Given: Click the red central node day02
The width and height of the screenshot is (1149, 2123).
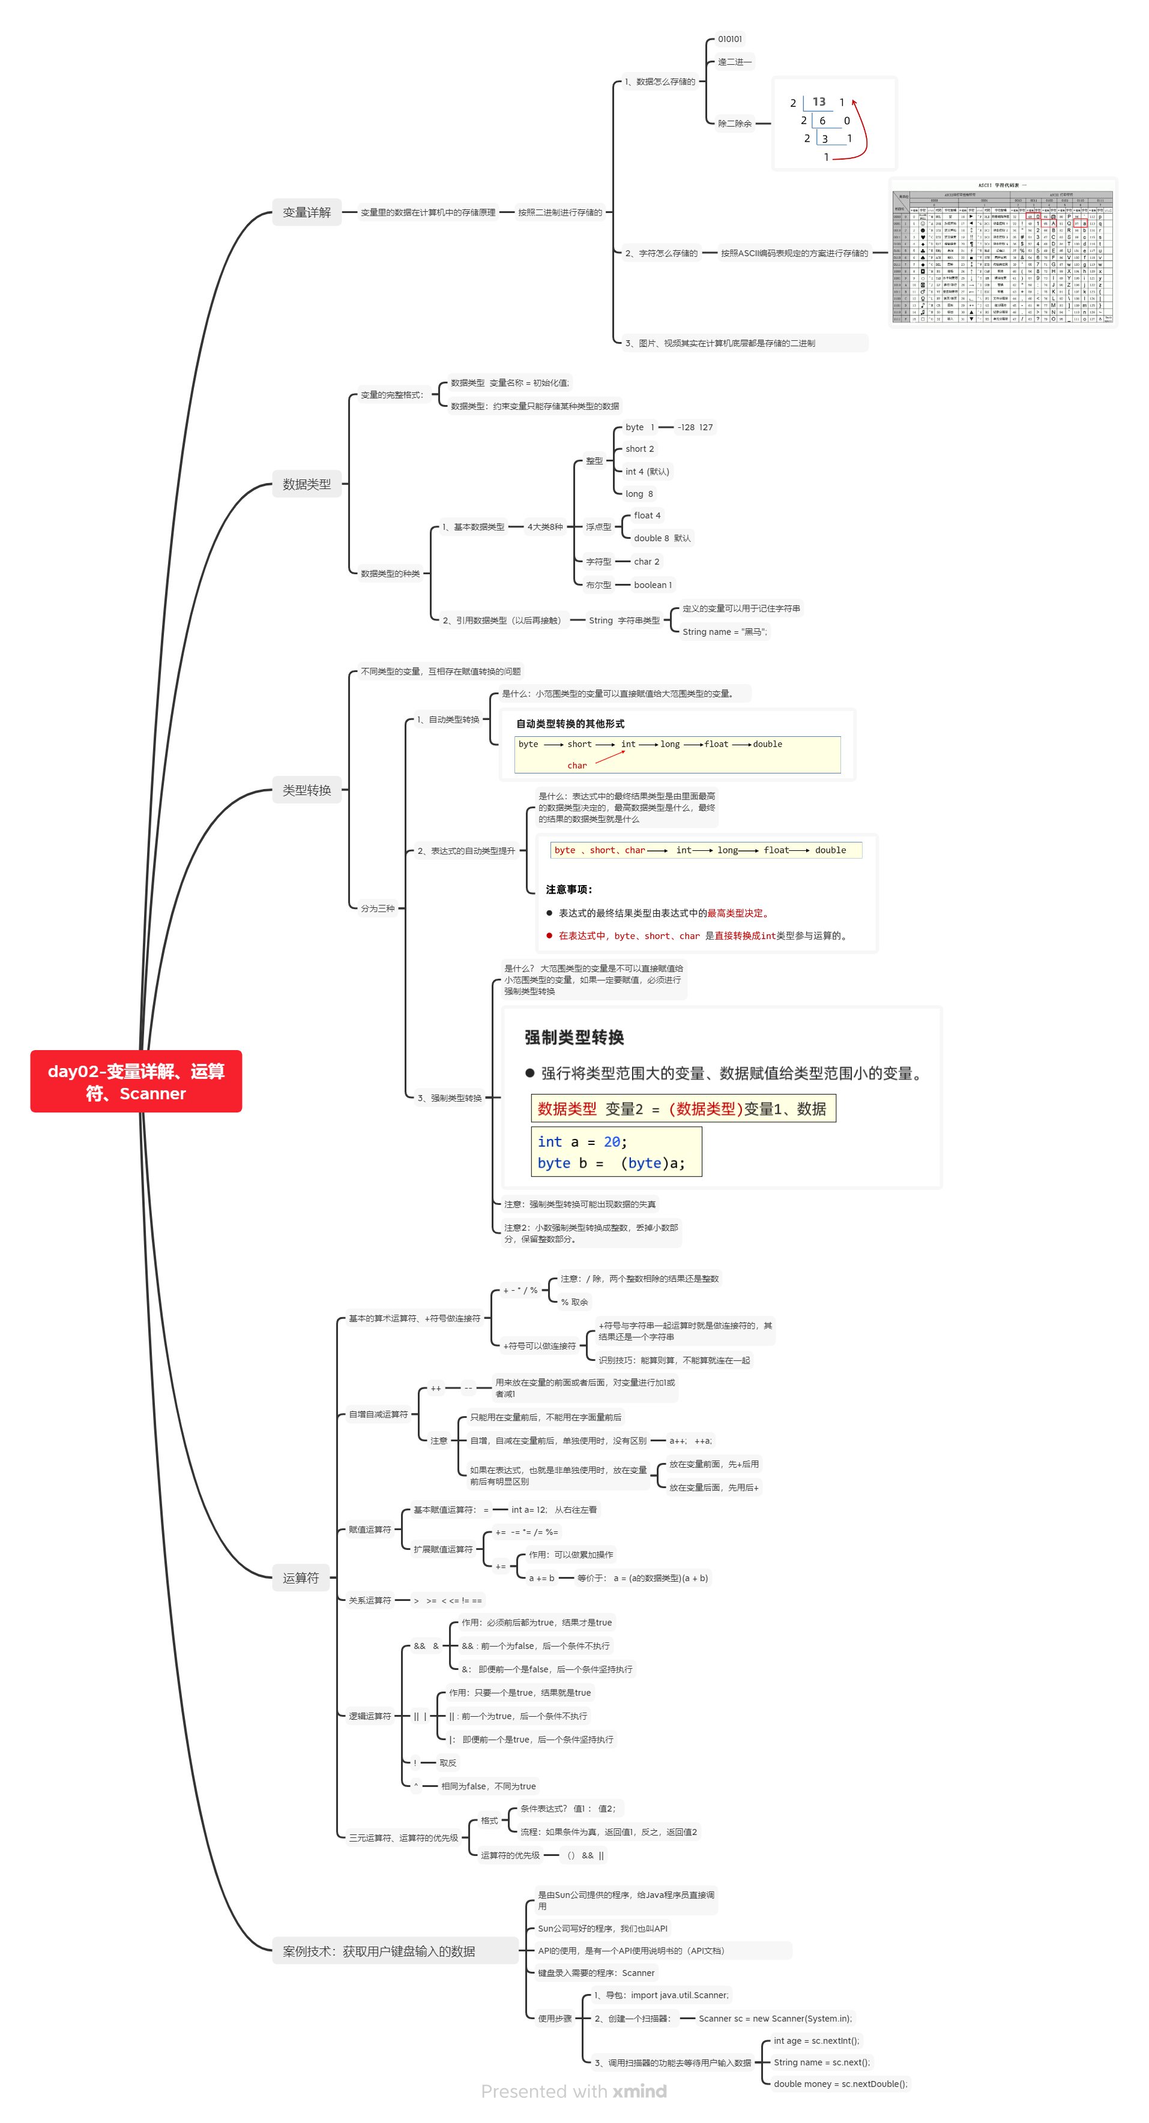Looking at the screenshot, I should point(136,1081).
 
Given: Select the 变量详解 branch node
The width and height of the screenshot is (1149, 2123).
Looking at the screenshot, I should point(307,212).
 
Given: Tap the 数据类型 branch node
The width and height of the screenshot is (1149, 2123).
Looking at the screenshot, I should point(307,485).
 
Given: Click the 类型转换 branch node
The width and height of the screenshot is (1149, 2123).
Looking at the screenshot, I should point(307,790).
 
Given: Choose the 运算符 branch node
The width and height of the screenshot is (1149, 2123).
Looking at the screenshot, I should point(300,1578).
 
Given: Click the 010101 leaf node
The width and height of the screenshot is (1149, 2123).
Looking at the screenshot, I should point(729,39).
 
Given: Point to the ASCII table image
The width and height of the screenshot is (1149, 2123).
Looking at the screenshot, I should point(1003,253).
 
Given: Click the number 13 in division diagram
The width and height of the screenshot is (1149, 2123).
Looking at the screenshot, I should point(818,102).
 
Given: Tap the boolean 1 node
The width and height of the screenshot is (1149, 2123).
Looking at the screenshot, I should point(652,585).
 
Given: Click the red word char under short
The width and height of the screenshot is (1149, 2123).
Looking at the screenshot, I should point(577,766).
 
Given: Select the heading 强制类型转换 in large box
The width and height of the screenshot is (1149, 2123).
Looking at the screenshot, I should point(574,1037).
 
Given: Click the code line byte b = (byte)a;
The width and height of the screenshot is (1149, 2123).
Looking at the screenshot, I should point(611,1163).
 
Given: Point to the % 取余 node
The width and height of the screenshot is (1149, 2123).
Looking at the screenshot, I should point(574,1302).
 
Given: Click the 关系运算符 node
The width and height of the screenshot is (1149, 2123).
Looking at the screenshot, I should point(369,1600).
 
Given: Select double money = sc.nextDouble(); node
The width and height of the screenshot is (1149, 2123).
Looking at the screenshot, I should point(840,2083).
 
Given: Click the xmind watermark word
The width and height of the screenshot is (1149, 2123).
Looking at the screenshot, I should point(639,2092).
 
